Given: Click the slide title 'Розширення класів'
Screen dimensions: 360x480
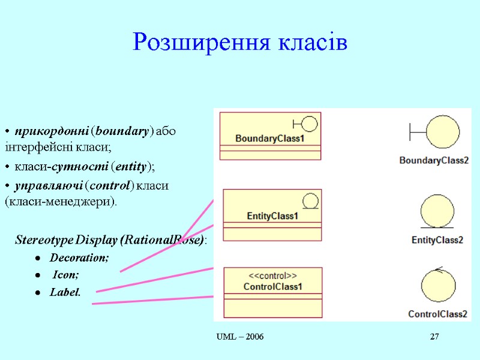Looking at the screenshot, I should (240, 43).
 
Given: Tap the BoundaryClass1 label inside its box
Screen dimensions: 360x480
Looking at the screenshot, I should (270, 139).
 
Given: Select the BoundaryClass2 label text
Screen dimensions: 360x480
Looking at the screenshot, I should (434, 160).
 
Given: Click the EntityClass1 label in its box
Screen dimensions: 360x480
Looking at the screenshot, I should (272, 216).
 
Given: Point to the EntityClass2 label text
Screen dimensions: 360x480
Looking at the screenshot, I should (437, 240).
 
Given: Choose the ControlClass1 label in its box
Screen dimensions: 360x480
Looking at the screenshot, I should (272, 287).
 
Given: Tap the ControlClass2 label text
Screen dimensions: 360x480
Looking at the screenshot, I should (438, 314).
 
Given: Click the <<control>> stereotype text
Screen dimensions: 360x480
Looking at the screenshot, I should (272, 276).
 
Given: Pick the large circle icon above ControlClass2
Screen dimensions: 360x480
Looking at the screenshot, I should (439, 286).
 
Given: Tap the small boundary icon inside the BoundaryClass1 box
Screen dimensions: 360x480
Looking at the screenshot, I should (305, 124).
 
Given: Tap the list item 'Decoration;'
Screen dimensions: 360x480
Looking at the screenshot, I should (79, 258).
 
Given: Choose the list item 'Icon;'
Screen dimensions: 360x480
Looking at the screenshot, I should (66, 275).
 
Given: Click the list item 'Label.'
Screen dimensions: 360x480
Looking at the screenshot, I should (65, 292).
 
